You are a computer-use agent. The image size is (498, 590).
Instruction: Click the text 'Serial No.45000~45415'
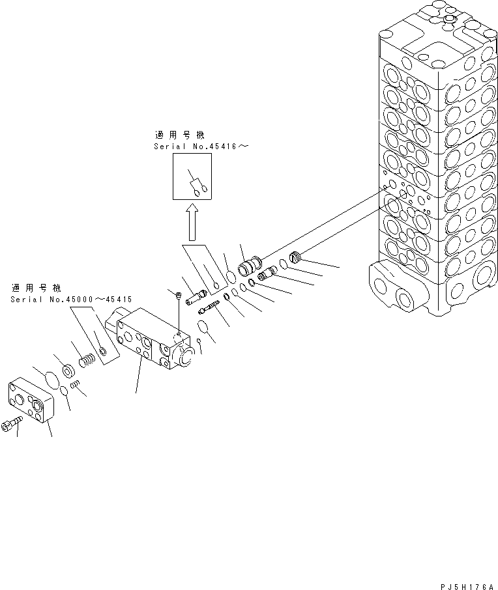pyautogui.click(x=71, y=300)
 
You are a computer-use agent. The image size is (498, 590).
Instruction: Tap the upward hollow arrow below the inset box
pyautogui.click(x=193, y=221)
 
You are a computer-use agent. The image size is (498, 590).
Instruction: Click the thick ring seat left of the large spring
pyautogui.click(x=67, y=371)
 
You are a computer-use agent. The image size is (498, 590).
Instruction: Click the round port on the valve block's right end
pyautogui.click(x=184, y=356)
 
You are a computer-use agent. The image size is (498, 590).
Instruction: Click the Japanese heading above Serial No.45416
pyautogui.click(x=179, y=135)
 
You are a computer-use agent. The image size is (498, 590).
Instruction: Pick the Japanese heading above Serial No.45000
pyautogui.click(x=36, y=287)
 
